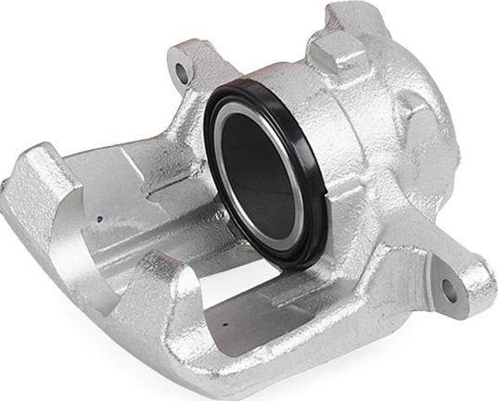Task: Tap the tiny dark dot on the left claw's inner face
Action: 99,219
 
